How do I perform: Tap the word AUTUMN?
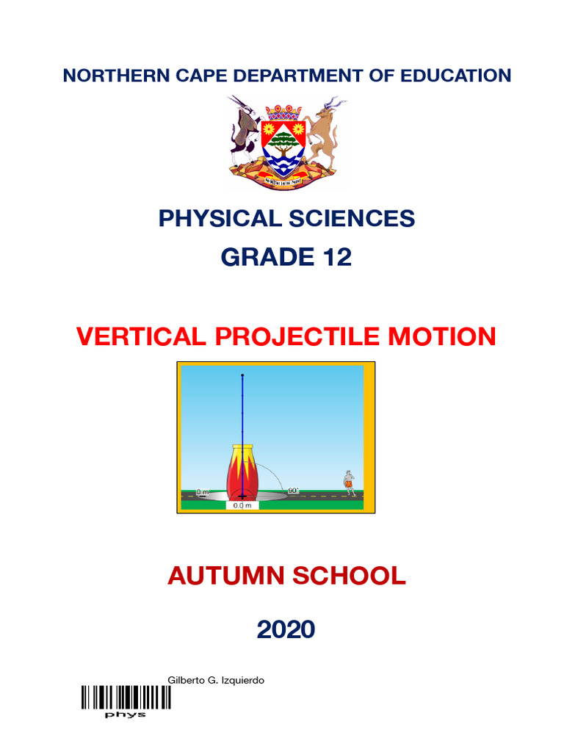coord(224,576)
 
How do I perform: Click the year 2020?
coord(286,629)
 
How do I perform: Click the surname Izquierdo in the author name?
coord(240,680)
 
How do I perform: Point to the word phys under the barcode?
coord(126,715)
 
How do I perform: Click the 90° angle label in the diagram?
coord(293,490)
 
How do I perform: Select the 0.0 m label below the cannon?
coord(242,505)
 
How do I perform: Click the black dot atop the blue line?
coord(242,376)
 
